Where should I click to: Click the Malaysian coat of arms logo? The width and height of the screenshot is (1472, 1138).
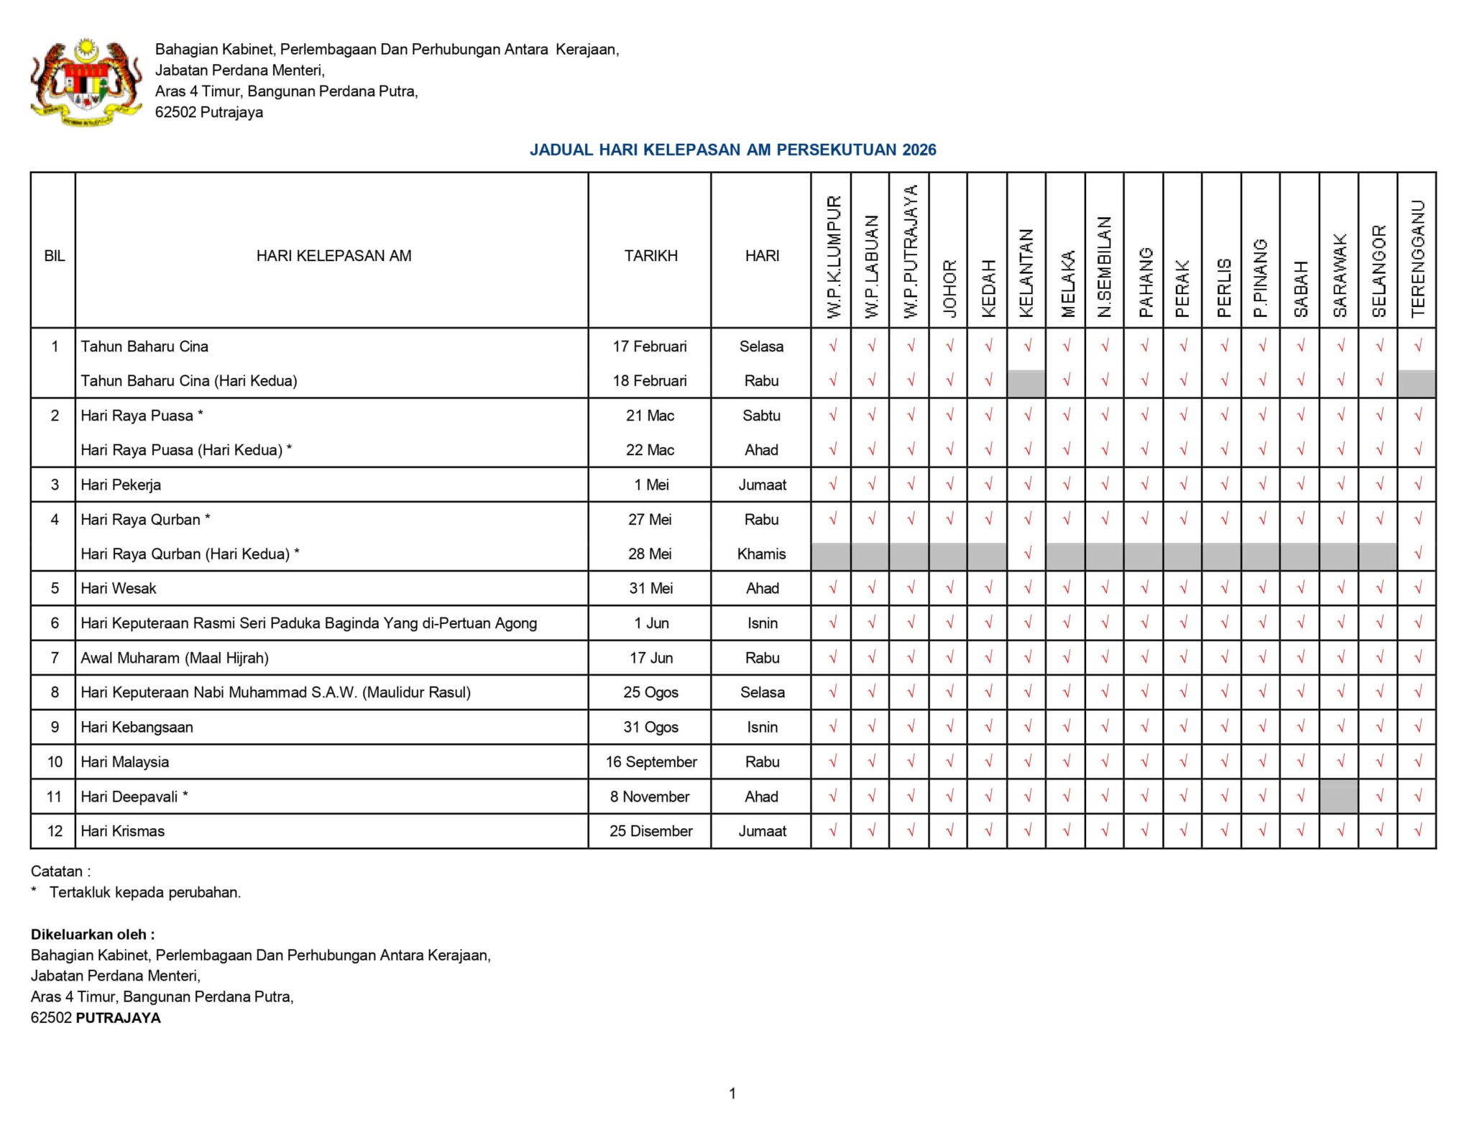[86, 82]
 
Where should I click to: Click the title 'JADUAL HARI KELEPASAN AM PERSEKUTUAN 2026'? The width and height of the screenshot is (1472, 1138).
[732, 150]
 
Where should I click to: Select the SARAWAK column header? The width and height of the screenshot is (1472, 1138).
[1339, 275]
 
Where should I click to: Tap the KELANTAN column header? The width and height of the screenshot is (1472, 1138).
[1026, 273]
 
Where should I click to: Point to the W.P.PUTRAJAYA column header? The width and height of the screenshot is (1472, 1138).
[910, 252]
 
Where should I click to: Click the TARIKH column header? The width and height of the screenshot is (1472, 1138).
[650, 256]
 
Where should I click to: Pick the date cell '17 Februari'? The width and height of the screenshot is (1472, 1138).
[650, 347]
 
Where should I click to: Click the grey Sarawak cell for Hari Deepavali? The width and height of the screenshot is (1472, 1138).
[1338, 797]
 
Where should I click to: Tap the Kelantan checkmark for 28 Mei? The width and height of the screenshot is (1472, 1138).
[1027, 554]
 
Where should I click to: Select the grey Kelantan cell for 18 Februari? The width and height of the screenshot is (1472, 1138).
[1026, 382]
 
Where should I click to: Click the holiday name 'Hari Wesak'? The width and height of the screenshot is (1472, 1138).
[119, 588]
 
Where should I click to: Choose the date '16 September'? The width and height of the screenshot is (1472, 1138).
[651, 762]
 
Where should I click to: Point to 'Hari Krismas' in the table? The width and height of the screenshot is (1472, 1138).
[123, 831]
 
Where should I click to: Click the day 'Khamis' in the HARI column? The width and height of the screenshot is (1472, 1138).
[761, 554]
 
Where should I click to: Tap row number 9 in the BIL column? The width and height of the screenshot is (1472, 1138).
[55, 727]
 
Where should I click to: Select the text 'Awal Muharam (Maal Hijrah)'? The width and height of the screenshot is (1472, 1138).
[175, 658]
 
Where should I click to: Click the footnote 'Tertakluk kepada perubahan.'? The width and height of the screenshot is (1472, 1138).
[145, 892]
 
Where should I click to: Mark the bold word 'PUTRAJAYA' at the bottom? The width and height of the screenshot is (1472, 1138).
[119, 1018]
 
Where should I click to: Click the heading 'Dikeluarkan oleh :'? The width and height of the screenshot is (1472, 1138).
[93, 935]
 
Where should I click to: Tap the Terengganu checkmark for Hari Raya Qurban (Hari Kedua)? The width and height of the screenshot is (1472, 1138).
[1417, 554]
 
